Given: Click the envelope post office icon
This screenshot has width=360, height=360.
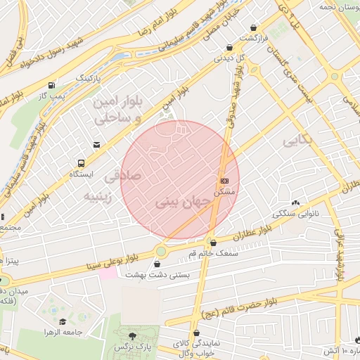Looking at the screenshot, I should (x=96, y=145).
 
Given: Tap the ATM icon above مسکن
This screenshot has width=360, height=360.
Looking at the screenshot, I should (x=224, y=181).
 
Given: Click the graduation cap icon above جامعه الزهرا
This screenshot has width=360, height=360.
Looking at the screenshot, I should (x=63, y=321).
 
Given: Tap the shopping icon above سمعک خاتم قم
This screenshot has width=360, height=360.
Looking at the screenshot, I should (x=213, y=243).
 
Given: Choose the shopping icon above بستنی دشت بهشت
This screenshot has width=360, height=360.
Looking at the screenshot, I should (x=166, y=264).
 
